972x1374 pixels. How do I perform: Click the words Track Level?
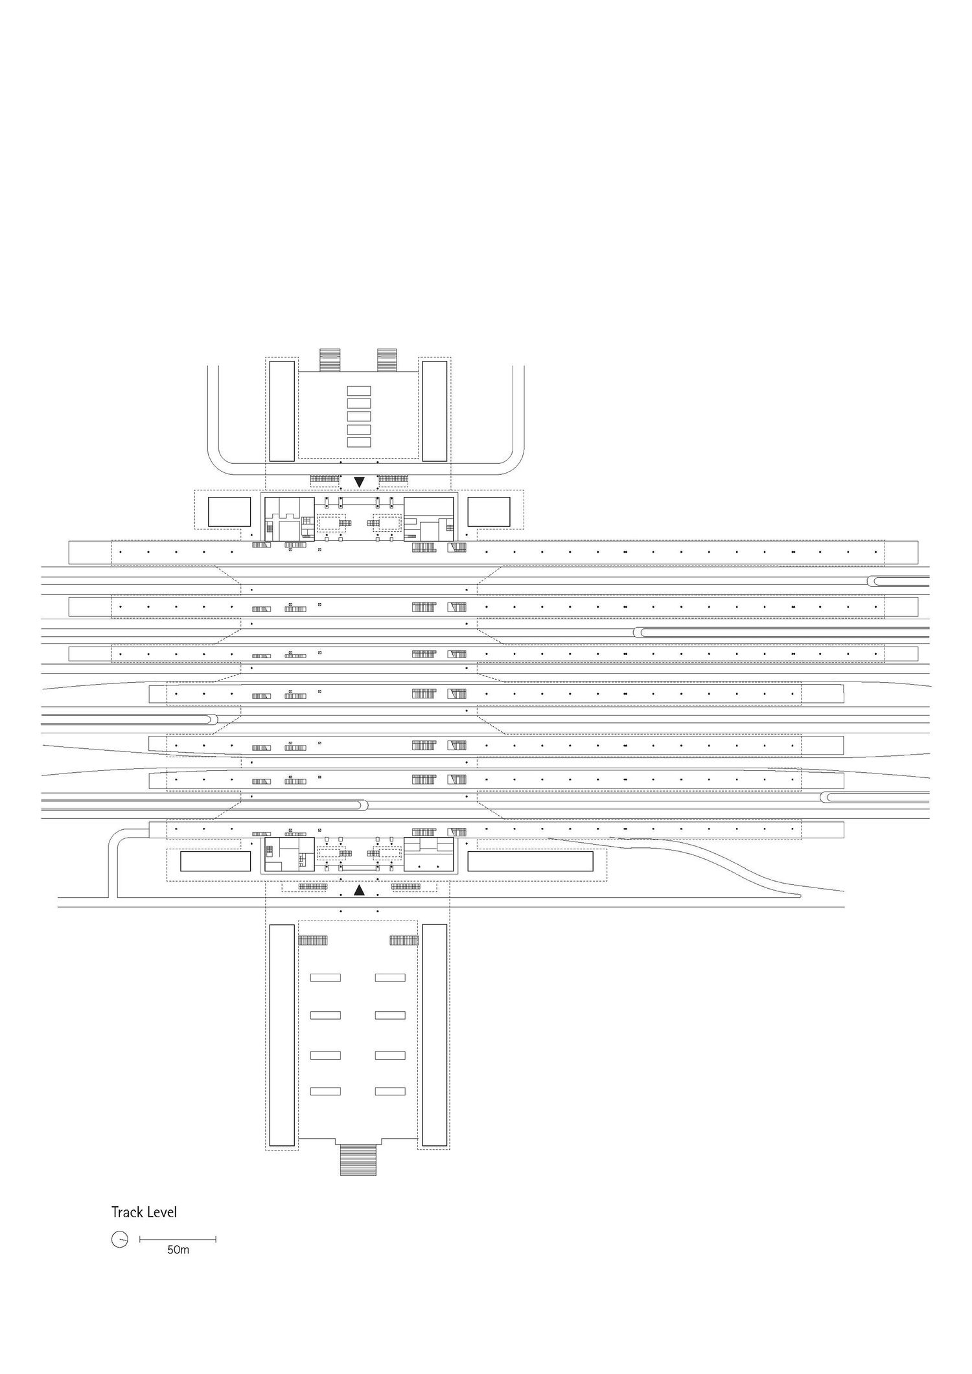[x=144, y=1212]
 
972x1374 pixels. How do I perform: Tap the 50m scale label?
[x=178, y=1250]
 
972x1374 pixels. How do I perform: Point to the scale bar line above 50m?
[x=178, y=1240]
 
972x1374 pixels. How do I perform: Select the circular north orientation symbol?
[x=119, y=1240]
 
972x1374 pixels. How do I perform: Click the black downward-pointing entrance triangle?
[x=360, y=482]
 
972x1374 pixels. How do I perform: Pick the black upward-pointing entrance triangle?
[x=359, y=891]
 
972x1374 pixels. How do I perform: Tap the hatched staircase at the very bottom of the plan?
[x=358, y=1160]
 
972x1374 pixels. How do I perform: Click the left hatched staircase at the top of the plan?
[x=330, y=360]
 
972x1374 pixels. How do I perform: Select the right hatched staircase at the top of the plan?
[x=387, y=360]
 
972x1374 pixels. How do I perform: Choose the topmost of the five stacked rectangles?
[x=359, y=391]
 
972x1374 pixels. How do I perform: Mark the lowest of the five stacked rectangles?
[x=359, y=442]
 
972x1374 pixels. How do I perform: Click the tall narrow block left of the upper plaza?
[x=282, y=411]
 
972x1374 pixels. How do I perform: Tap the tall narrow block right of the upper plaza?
[x=435, y=411]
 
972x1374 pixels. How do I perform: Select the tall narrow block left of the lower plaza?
[x=282, y=1035]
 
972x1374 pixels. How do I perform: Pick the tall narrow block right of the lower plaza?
[x=435, y=1035]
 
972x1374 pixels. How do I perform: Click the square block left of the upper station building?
[x=229, y=512]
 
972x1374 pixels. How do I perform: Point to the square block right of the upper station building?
[x=489, y=512]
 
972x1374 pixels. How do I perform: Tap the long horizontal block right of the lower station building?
[x=530, y=862]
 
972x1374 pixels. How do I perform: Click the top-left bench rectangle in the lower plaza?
[x=325, y=978]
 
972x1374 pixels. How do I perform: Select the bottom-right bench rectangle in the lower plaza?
[x=390, y=1092]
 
